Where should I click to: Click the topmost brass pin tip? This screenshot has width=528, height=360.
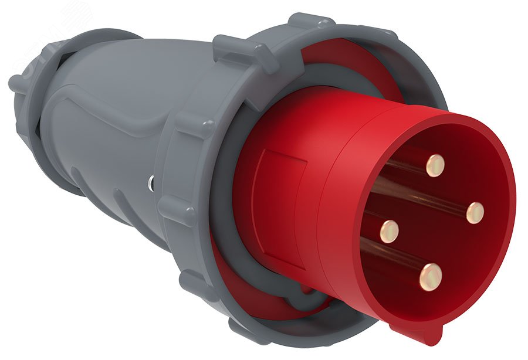tap(435, 165)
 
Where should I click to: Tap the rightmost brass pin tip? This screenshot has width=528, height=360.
tap(475, 212)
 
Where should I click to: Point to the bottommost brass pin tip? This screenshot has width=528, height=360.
tap(431, 277)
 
